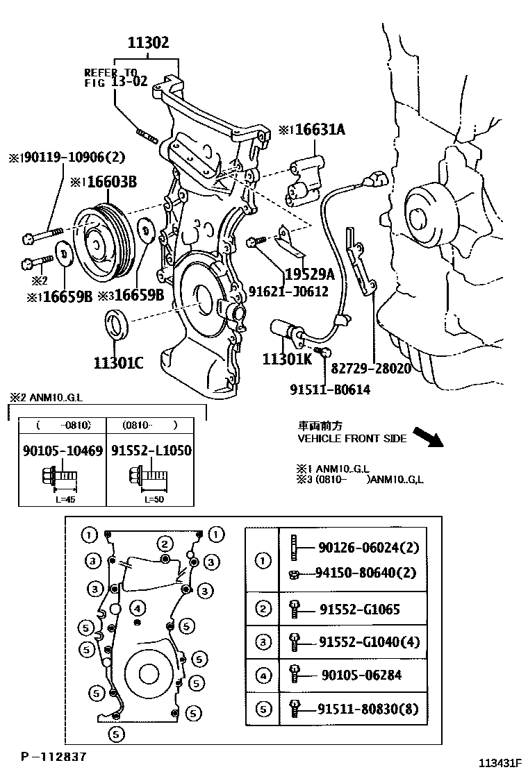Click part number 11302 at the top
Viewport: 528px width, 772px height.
[x=147, y=44]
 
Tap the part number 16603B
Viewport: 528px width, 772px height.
[x=111, y=183]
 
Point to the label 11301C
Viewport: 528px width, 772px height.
[x=119, y=362]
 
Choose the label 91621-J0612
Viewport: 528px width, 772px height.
[x=288, y=292]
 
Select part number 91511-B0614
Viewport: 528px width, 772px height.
[x=330, y=389]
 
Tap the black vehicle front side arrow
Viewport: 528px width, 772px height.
[x=428, y=437]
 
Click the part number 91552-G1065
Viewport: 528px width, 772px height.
[x=359, y=610]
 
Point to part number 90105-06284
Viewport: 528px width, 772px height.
[x=361, y=675]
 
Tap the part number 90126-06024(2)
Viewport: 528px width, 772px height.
[x=369, y=548]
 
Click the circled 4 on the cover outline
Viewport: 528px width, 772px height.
[x=138, y=609]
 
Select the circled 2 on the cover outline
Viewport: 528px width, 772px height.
[x=164, y=543]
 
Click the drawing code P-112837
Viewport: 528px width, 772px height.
[x=53, y=755]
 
